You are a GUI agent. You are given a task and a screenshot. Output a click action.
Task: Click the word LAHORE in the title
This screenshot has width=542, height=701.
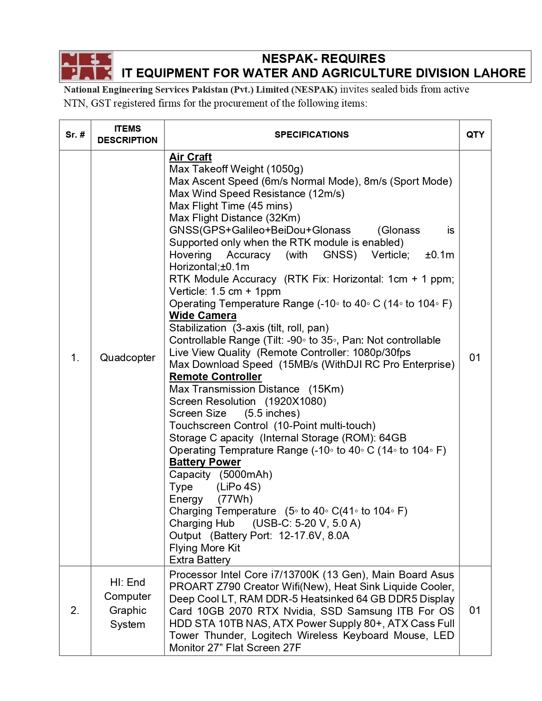[499, 73]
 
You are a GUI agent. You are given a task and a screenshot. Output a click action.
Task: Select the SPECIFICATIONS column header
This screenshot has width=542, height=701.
[311, 135]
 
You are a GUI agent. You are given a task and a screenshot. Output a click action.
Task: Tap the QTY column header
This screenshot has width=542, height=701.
[475, 135]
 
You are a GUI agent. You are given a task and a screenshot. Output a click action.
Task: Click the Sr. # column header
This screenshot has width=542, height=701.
[75, 135]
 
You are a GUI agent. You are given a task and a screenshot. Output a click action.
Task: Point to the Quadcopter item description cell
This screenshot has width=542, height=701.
[128, 358]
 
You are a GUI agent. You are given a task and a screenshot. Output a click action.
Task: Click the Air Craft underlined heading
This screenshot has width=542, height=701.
[190, 157]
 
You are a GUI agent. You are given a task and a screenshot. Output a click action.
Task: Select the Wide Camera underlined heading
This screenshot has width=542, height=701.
[202, 316]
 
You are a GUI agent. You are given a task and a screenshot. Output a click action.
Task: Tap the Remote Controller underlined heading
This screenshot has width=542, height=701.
[215, 377]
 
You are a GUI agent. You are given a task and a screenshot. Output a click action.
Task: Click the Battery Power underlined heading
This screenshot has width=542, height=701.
[205, 462]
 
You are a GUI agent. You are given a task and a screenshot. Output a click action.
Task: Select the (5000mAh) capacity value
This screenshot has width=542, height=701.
[246, 475]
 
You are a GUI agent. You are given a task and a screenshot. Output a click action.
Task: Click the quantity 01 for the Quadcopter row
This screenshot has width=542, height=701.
[475, 358]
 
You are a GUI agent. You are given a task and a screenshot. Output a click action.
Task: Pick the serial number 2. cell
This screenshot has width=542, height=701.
[75, 611]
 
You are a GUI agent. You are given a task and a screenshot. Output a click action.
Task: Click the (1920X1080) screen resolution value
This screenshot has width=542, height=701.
[295, 401]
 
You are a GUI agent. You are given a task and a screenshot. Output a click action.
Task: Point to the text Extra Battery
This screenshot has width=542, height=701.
[200, 560]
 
